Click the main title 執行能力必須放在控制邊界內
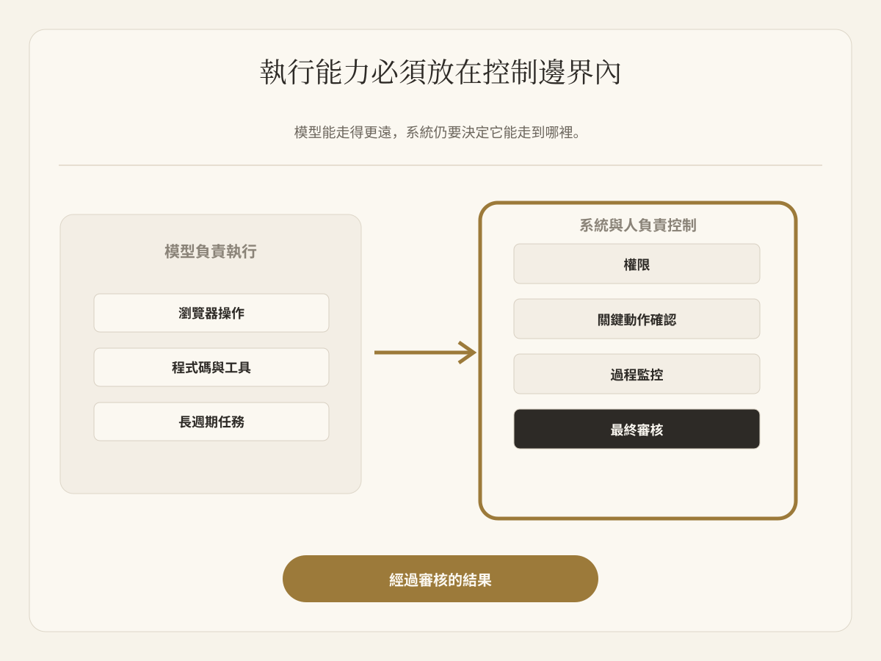(x=440, y=72)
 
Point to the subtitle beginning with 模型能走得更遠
(x=437, y=132)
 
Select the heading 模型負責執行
(x=210, y=252)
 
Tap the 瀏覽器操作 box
(x=211, y=313)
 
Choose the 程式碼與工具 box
(x=211, y=367)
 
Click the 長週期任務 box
(x=211, y=422)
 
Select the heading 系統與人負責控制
(x=637, y=225)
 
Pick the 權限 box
(x=637, y=264)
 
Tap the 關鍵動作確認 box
(x=637, y=319)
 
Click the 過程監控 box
(x=637, y=374)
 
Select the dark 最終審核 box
(x=637, y=429)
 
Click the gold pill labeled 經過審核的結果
(x=440, y=579)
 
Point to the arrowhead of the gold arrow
(x=476, y=353)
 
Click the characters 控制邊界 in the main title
(x=538, y=72)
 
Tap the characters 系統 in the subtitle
(x=420, y=132)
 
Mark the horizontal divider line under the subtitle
(x=440, y=165)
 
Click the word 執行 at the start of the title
(x=287, y=72)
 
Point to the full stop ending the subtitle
(x=577, y=137)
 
